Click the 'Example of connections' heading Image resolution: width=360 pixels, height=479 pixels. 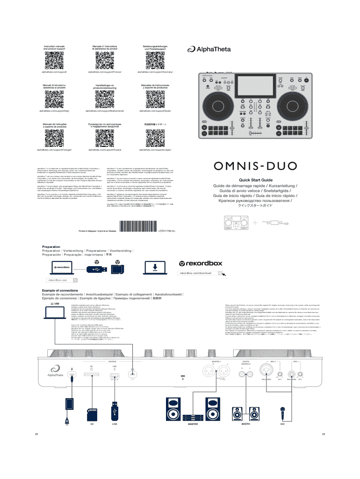pos(55,290)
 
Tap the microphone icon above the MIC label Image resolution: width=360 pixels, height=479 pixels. pos(282,413)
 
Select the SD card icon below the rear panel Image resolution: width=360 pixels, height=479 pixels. pos(92,412)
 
